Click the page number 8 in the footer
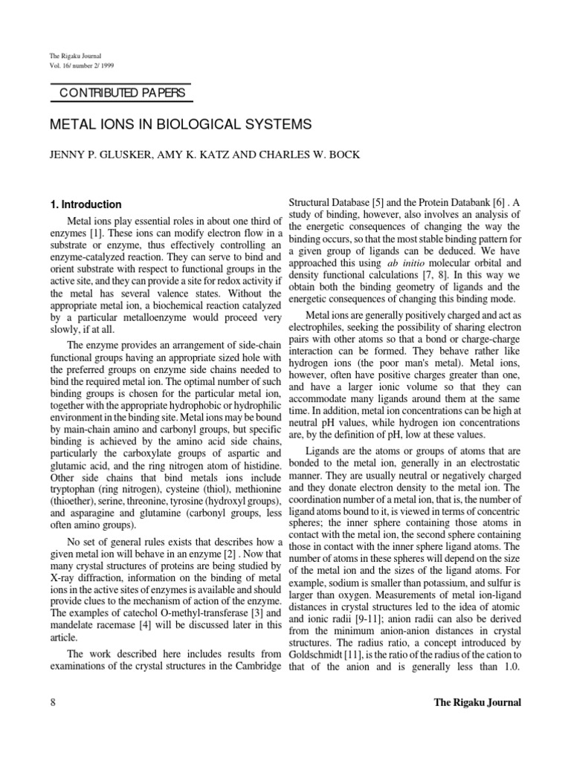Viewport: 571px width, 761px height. (53, 702)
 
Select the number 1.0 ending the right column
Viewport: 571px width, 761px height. (510, 667)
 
